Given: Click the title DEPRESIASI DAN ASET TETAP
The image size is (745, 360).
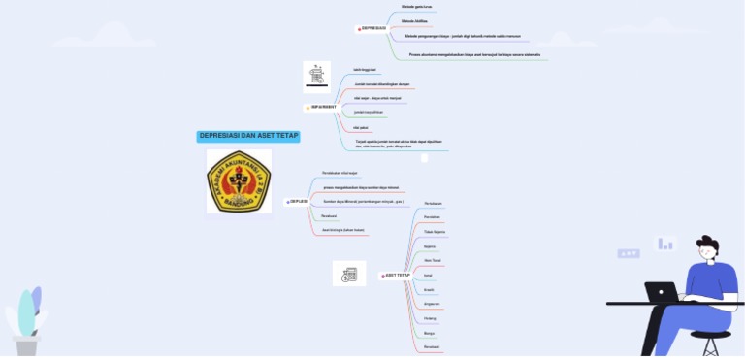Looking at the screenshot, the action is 248,136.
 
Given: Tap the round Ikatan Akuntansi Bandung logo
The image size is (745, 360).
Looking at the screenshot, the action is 239,180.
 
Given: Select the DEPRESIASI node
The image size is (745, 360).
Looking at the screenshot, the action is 373,28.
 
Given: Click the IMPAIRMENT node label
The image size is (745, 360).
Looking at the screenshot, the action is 324,107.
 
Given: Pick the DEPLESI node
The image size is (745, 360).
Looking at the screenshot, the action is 298,201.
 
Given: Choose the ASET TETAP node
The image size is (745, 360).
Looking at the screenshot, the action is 397,276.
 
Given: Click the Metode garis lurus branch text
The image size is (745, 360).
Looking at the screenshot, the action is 417,7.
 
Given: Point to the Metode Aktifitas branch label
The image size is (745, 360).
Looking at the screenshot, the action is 414,20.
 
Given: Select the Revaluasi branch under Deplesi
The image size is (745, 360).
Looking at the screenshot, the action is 329,215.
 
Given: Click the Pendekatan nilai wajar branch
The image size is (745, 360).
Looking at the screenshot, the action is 340,173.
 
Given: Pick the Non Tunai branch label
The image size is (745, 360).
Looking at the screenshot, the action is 433,261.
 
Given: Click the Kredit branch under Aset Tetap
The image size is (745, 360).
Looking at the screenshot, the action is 429,289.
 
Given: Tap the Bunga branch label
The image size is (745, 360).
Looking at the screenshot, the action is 429,333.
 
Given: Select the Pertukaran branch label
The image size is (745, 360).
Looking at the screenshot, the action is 434,204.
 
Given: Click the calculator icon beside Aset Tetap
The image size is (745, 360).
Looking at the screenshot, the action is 349,274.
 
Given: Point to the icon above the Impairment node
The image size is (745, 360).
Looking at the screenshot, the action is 316,75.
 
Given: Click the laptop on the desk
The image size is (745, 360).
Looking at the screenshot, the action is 662,292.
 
